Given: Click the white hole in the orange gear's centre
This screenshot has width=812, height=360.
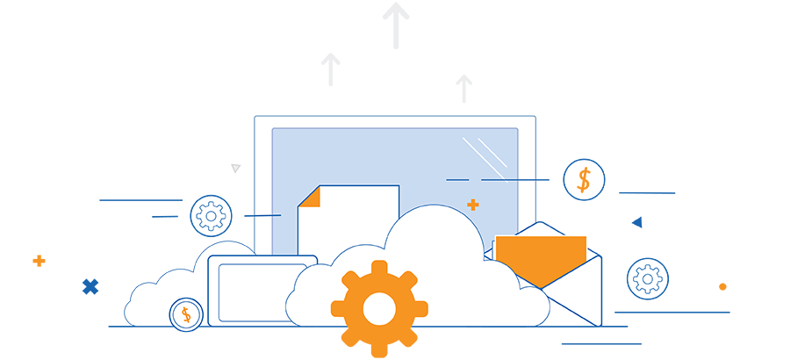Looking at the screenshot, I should click(x=379, y=308).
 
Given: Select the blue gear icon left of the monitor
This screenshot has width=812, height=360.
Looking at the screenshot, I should click(x=211, y=215).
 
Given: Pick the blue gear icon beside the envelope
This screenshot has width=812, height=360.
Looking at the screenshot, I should click(x=647, y=279).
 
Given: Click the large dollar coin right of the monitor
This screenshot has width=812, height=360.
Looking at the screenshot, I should click(x=584, y=180).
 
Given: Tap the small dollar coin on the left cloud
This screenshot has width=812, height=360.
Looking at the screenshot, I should click(x=186, y=314).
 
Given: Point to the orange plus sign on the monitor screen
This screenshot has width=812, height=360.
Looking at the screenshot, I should click(x=473, y=205).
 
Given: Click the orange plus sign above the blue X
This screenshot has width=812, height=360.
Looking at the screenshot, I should click(x=39, y=261).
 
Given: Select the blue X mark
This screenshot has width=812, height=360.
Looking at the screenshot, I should click(x=90, y=286).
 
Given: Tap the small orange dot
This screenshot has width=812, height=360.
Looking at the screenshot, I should click(x=722, y=286).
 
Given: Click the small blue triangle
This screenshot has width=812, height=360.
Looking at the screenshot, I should click(x=637, y=222).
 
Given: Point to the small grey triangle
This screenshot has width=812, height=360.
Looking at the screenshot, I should click(x=235, y=168).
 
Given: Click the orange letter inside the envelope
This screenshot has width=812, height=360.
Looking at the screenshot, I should click(x=540, y=255).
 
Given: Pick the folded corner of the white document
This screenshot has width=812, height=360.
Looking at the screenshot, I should click(x=307, y=197).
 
